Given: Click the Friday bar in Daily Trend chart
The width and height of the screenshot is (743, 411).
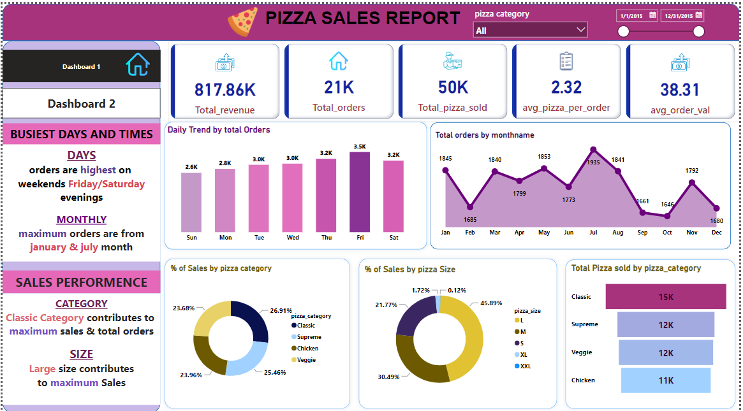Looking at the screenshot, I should [x=360, y=192].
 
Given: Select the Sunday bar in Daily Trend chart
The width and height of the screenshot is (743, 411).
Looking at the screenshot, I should [x=191, y=202].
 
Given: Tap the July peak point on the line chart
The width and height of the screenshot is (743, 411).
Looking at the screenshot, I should [x=593, y=150].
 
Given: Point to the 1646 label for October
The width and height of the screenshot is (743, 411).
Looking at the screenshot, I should [x=667, y=205].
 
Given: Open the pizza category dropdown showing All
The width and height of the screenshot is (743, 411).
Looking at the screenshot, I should [x=530, y=30].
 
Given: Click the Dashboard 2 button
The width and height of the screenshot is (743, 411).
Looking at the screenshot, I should [x=82, y=103].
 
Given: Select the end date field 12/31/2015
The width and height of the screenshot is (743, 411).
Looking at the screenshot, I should [x=682, y=15].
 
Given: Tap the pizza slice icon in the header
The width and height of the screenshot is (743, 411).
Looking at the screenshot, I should [x=243, y=21].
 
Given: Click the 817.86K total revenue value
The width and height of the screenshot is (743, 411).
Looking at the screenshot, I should [x=224, y=90].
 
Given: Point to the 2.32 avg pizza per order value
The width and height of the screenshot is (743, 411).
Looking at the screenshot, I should [x=566, y=87].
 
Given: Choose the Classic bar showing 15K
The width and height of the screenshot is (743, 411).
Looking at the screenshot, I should [x=665, y=296].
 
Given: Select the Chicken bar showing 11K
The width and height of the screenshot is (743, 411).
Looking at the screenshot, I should [x=665, y=380].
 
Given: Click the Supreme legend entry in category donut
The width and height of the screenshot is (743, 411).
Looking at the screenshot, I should [x=309, y=337].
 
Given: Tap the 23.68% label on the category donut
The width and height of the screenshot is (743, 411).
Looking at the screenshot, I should [x=183, y=308].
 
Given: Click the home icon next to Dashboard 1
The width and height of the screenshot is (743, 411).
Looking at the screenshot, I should [x=137, y=65].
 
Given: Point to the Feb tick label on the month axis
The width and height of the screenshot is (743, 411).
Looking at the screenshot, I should [x=470, y=233].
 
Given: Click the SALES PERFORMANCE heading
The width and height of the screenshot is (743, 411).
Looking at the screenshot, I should [x=82, y=282].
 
